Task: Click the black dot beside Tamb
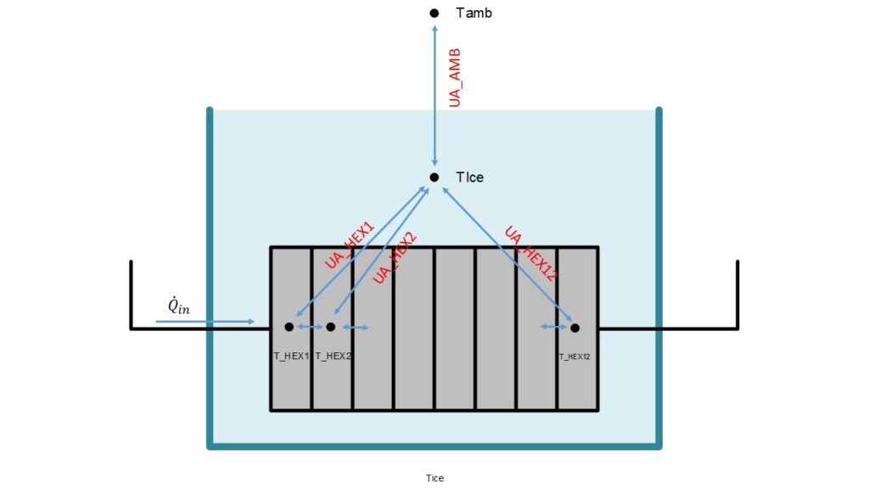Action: click(434, 13)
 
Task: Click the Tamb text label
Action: click(474, 13)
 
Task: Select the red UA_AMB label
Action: click(455, 77)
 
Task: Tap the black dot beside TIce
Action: click(434, 177)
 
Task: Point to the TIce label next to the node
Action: click(470, 177)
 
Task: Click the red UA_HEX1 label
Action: click(349, 245)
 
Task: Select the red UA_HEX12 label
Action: click(530, 253)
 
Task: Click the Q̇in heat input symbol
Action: click(178, 306)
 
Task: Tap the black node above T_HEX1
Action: click(289, 327)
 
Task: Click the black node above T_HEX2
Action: click(331, 327)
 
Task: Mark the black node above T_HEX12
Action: click(575, 328)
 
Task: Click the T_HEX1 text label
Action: click(291, 356)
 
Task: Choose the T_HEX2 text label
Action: click(334, 356)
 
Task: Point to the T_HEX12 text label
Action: click(574, 357)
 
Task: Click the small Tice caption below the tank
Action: click(434, 478)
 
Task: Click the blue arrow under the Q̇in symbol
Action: click(205, 322)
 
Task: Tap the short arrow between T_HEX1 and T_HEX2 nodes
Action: click(310, 327)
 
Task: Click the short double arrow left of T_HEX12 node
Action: click(554, 327)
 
